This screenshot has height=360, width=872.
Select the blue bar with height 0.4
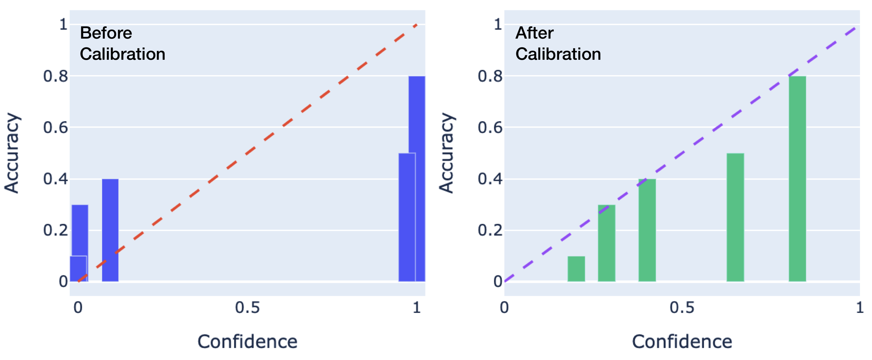coord(110,230)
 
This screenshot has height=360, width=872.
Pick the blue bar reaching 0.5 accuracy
coord(406,217)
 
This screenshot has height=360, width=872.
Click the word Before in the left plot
coord(106,33)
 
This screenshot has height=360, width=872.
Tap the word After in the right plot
coord(535,33)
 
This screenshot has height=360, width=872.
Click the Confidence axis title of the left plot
coord(248,341)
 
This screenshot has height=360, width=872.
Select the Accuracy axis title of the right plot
coord(447,153)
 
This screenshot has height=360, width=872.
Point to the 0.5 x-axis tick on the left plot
coord(248,307)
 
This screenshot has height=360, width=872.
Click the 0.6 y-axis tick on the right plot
coord(490,128)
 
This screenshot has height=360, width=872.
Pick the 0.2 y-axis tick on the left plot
coord(55,230)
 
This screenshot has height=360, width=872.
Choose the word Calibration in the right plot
coord(558,54)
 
